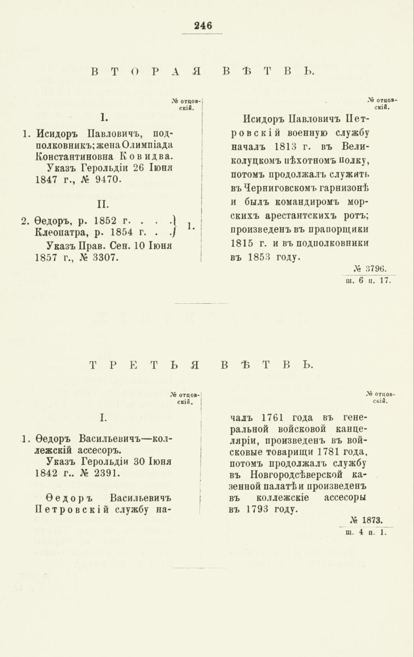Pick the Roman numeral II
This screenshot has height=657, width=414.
click(x=103, y=204)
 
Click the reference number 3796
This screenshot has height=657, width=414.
click(x=375, y=269)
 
